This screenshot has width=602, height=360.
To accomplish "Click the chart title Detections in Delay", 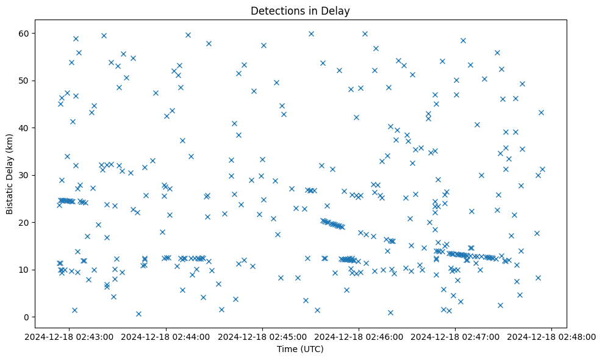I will coord(300,10).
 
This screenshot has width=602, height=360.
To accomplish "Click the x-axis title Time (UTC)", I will coord(300,350).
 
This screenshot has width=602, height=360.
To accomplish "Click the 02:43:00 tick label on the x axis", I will coord(68,336).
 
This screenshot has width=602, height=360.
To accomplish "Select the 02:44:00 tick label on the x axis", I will coord(165,336).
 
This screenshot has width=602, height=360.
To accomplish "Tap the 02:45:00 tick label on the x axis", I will coord(262,336).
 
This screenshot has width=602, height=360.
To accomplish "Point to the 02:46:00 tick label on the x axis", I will coord(359,336).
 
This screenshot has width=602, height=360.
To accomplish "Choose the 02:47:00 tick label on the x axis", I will coord(456,336).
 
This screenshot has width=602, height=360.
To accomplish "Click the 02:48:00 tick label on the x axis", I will coord(553,336).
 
